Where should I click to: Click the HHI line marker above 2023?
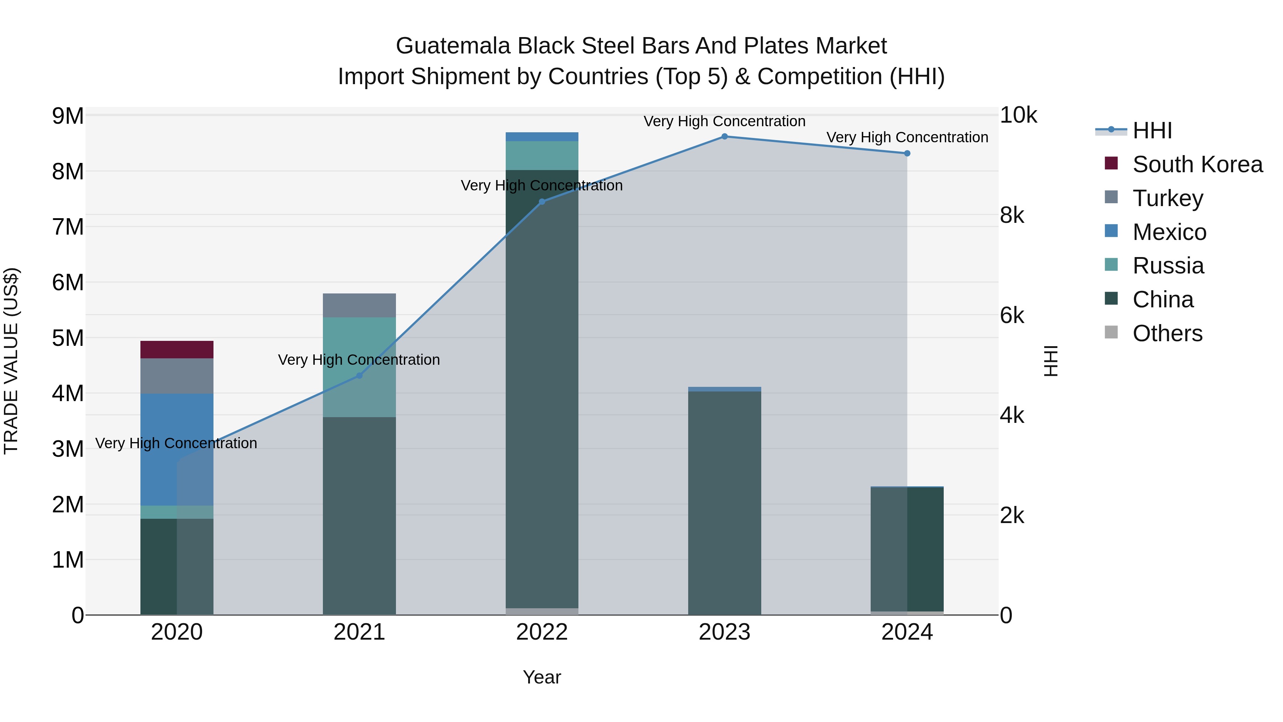click(725, 137)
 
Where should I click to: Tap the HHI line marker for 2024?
click(907, 153)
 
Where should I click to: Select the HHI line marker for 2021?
click(359, 376)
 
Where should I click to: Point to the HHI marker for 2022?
click(542, 202)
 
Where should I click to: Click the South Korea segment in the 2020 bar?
click(177, 350)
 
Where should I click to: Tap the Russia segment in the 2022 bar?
click(542, 155)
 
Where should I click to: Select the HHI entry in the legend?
click(1152, 130)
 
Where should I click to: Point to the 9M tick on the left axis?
click(68, 116)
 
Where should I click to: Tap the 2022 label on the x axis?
click(542, 632)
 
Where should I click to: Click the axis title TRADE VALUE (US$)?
click(11, 361)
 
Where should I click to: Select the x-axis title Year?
click(542, 677)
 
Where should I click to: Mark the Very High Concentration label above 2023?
click(725, 121)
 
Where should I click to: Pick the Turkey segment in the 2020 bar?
click(177, 376)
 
